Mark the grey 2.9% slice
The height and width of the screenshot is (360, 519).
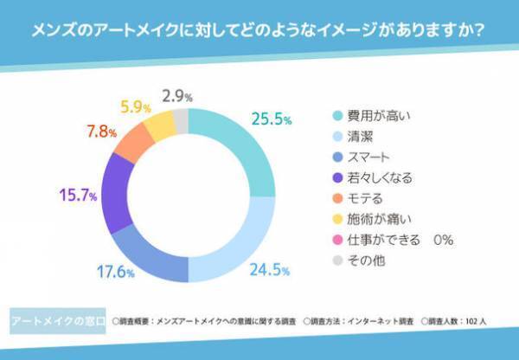coord(180,117)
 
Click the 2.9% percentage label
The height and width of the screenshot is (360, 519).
coord(177,95)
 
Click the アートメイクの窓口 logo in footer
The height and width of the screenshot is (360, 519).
coord(54,320)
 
